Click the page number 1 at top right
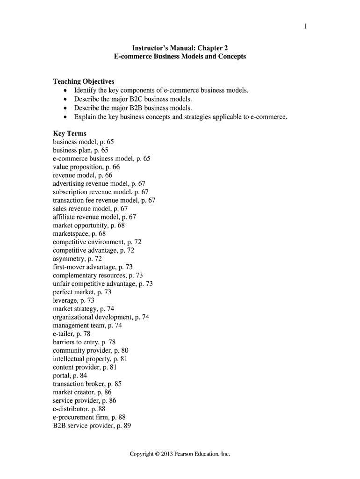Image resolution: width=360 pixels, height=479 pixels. coord(305,26)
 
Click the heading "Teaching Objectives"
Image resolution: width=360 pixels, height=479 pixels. coord(84,81)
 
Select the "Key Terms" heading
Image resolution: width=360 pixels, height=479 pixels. coord(70,133)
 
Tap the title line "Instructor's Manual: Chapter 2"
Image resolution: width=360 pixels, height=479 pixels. coord(180,48)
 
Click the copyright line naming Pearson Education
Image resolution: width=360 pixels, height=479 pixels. coord(180,454)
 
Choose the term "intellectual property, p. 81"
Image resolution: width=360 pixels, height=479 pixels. coord(90,359)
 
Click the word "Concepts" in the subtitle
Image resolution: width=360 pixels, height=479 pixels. coord(230,57)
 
